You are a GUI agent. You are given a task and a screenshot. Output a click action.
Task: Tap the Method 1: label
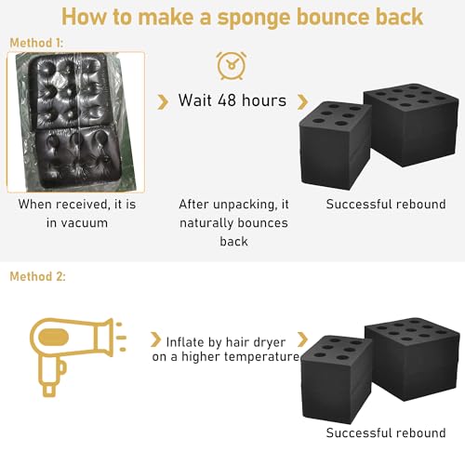point(36,43)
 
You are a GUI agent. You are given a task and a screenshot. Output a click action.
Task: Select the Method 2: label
point(37,276)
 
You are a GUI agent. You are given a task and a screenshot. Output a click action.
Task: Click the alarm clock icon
point(232,66)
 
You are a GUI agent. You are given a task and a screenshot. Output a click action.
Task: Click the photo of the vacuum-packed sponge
point(76,122)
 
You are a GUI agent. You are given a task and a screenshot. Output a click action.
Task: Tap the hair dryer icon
point(77,356)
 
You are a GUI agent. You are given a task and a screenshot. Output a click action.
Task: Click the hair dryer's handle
point(50,377)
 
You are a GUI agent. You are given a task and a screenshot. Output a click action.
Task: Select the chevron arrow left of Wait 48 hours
point(163,102)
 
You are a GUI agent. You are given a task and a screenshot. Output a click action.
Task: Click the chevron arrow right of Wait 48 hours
point(302,102)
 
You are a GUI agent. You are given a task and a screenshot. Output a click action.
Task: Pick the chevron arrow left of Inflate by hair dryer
point(155,339)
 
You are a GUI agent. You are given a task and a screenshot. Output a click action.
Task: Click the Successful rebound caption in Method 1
point(386,205)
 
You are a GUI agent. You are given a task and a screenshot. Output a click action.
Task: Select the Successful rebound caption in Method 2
point(386,432)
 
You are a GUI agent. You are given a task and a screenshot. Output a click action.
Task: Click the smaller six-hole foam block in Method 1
point(336,145)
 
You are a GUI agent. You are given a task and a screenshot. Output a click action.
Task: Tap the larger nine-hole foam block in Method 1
point(411,125)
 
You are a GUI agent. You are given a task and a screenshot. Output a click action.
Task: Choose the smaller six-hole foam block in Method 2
point(337,379)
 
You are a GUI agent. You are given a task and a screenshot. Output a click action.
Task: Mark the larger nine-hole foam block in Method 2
point(412,359)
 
